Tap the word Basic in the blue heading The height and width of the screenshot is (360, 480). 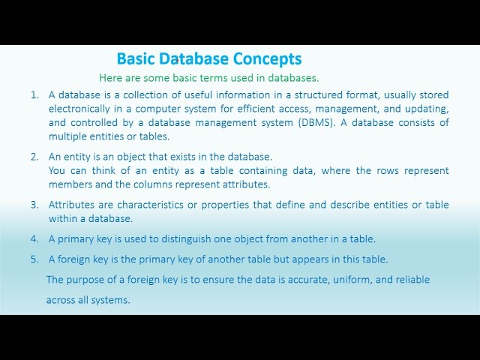pyautogui.click(x=136, y=58)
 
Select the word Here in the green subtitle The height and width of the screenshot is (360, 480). pyautogui.click(x=110, y=77)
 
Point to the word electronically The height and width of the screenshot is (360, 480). pyautogui.click(x=78, y=109)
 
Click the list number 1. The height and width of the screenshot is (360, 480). pyautogui.click(x=34, y=95)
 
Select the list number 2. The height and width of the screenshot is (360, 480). pyautogui.click(x=34, y=157)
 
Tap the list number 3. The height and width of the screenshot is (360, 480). pyautogui.click(x=34, y=204)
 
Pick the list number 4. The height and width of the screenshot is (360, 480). pyautogui.click(x=34, y=238)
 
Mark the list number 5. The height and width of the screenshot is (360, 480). pyautogui.click(x=34, y=259)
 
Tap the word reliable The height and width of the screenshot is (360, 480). pyautogui.click(x=411, y=280)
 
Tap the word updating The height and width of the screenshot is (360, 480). pyautogui.click(x=427, y=109)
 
